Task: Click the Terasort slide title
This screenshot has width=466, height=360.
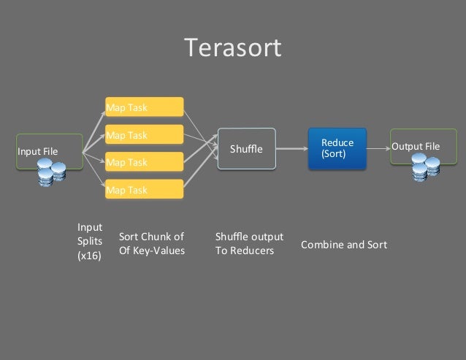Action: point(232,48)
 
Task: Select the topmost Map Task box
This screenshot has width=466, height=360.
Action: point(144,107)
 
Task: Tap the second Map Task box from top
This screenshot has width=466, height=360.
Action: point(144,135)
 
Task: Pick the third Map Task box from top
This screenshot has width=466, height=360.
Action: point(144,162)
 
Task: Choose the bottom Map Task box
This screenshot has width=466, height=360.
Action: point(144,190)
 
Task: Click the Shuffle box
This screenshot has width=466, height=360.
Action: point(246,149)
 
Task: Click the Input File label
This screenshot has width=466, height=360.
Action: point(37,152)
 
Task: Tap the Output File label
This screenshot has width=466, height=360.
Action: point(416,147)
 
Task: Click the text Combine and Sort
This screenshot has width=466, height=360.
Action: point(344,245)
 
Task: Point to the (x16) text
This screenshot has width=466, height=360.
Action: point(89,256)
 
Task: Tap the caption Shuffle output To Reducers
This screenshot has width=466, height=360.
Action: point(249,244)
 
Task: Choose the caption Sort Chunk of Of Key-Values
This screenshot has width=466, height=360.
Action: point(151,244)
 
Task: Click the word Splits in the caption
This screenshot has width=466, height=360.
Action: point(90,241)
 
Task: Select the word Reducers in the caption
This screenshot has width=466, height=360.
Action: point(253,251)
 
